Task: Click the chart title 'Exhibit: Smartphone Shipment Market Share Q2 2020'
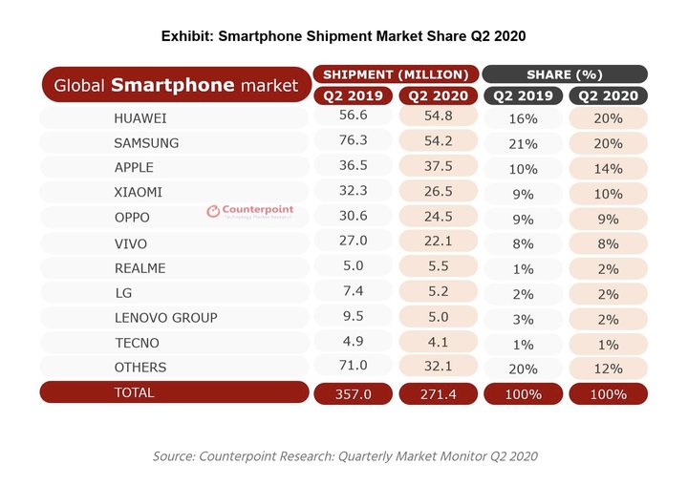pos(343,36)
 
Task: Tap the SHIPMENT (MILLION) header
pos(395,74)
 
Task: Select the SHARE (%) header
pos(564,74)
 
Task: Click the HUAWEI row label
pos(140,118)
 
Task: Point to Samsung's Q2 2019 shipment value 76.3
pos(354,143)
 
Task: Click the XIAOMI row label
pos(138,193)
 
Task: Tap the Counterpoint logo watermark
pos(250,212)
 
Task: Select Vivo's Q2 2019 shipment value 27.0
pos(354,242)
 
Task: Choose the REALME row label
pos(140,268)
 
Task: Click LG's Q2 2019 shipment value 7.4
pos(354,292)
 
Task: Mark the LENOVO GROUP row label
pos(165,317)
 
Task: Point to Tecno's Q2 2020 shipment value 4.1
pos(437,342)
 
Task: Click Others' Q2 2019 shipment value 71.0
pos(354,367)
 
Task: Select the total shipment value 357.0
pos(354,393)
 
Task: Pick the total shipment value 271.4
pos(437,393)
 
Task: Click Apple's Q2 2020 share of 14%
pos(608,168)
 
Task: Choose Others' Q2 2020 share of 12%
pos(608,367)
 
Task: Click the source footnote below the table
pos(345,456)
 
